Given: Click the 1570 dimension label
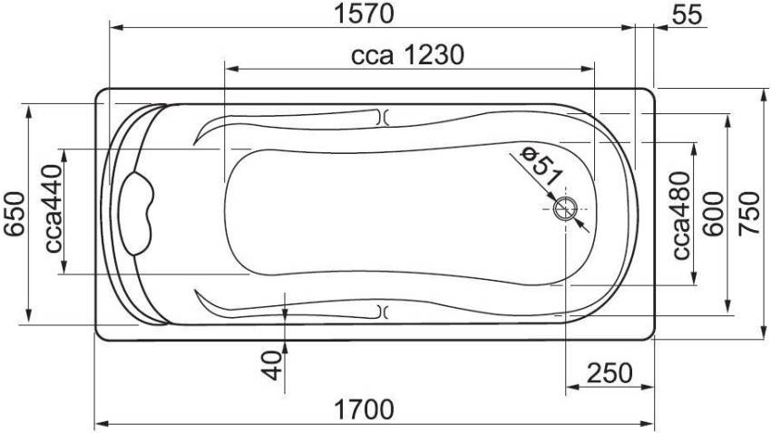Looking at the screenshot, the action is (364, 14).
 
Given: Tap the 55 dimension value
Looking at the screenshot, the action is (687, 15).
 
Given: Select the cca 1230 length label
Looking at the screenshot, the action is (407, 55).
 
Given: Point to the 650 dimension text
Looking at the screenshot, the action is (15, 214).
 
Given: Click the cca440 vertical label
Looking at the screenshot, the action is (54, 208).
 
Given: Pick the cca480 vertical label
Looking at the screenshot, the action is (681, 216).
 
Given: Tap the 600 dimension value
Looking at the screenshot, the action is (713, 214).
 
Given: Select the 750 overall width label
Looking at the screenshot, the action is (749, 214).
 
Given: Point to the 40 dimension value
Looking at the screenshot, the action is (272, 366).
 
